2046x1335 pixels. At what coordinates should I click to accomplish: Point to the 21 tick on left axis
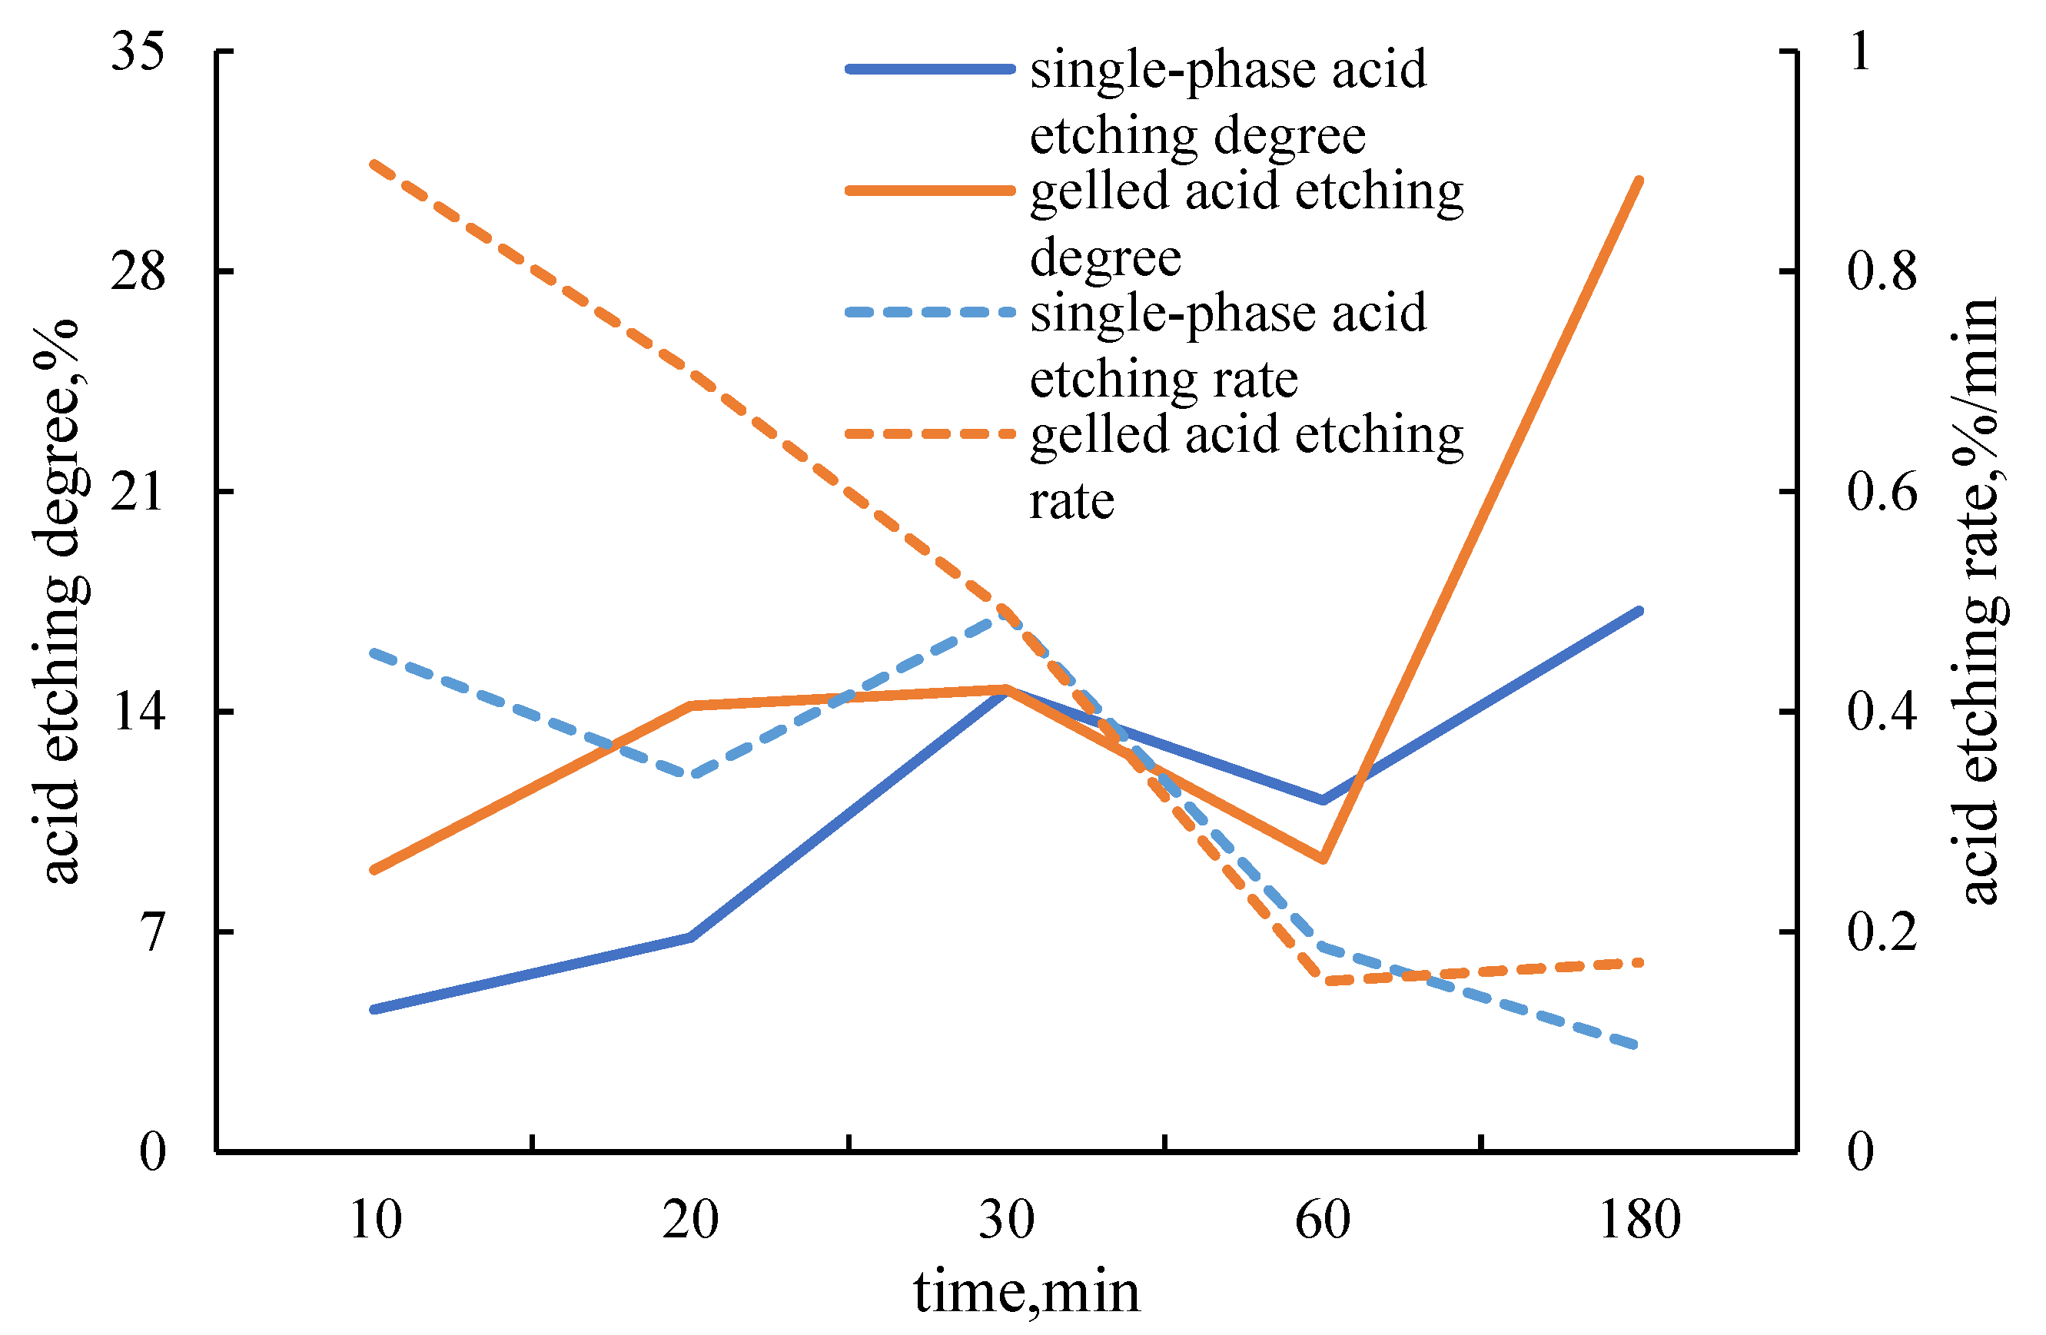pos(138,493)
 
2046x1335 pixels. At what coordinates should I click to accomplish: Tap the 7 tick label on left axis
pos(152,932)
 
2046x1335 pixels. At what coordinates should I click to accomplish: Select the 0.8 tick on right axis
pos(1881,271)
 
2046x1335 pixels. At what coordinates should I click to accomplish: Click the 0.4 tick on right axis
pos(1881,712)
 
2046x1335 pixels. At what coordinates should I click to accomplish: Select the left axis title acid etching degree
pos(60,602)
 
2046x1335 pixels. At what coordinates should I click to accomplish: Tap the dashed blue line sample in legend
pos(930,312)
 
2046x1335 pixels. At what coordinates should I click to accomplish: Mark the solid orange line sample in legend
pos(930,190)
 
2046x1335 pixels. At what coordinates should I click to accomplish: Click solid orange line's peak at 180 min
pos(1639,181)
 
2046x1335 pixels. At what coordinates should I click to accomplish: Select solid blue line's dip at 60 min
pos(1322,800)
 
